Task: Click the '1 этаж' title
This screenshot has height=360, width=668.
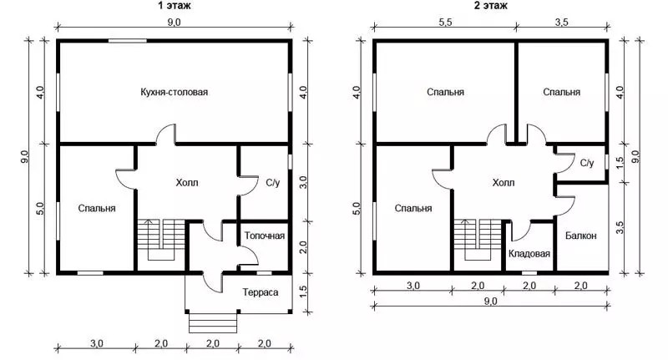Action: [174, 5]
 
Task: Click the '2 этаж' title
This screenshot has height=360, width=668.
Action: [491, 5]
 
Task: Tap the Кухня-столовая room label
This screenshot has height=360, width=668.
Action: [175, 92]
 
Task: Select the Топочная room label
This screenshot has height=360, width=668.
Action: [265, 236]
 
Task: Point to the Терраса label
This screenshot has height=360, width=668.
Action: [261, 292]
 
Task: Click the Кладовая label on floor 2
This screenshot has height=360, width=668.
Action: [529, 253]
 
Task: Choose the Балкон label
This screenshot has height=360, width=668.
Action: [580, 236]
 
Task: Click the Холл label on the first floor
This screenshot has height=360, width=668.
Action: [187, 183]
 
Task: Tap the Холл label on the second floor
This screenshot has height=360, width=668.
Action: [504, 183]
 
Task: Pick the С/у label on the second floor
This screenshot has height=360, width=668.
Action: [587, 163]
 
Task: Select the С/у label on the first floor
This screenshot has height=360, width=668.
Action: [273, 183]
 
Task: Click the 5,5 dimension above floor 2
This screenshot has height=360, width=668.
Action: [445, 23]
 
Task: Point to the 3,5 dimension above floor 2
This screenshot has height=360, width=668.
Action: [561, 23]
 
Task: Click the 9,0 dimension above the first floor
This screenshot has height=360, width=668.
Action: [174, 23]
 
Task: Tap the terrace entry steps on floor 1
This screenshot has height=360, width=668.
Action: [213, 323]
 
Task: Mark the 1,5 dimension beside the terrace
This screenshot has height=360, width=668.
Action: [303, 292]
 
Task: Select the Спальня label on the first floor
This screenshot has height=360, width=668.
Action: [97, 208]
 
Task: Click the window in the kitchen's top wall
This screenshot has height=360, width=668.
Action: [128, 41]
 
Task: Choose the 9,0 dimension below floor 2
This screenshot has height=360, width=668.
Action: [490, 301]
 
